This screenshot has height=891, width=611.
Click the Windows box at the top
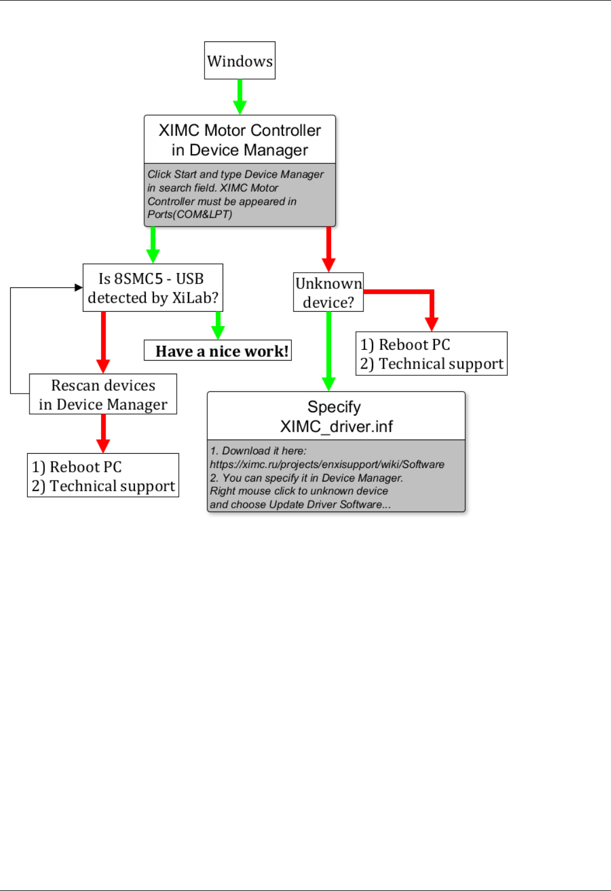[240, 60]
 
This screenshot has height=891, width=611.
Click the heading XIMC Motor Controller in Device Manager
[240, 140]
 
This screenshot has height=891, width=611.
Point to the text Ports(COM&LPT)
[190, 215]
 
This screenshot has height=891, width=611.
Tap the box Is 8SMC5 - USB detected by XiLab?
[153, 288]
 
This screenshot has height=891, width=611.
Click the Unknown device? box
[328, 292]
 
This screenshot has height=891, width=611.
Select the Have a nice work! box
[218, 351]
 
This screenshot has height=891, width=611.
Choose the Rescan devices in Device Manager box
[103, 394]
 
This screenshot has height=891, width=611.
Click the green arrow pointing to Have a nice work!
[218, 326]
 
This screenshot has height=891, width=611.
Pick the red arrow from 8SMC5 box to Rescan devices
[103, 341]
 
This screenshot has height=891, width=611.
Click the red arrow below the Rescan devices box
[103, 433]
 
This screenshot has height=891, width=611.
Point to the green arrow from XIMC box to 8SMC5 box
[153, 245]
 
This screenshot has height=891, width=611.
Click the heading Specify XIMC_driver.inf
[336, 416]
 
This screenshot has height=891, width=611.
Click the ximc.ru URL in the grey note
[327, 465]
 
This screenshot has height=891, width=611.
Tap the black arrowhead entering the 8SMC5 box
[79, 287]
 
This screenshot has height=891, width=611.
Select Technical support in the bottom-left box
[112, 486]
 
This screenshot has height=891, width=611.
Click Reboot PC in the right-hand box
[414, 345]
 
